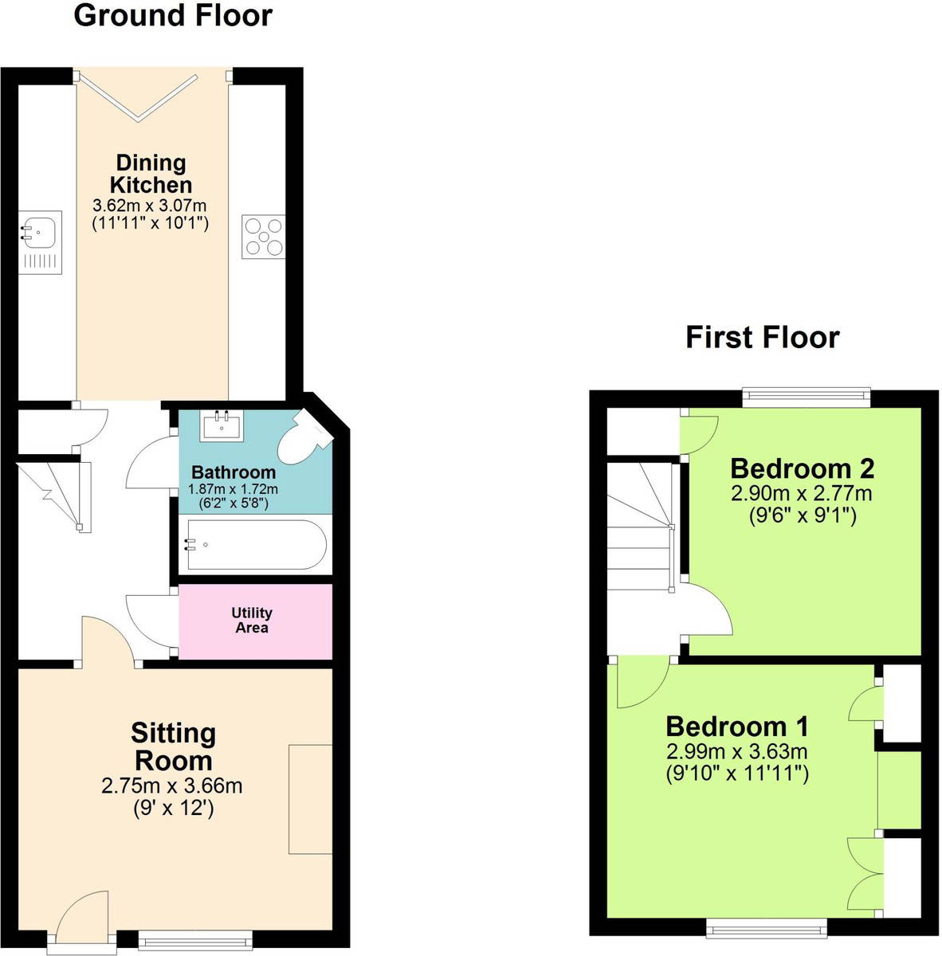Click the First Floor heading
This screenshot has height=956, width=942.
[x=763, y=338]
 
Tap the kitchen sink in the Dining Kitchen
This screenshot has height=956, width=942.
[x=41, y=242]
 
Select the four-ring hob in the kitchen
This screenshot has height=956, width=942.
[x=264, y=237]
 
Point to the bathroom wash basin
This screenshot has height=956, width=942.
[x=222, y=425]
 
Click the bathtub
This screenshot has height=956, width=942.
[x=256, y=545]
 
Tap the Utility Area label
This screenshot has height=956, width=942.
[x=252, y=620]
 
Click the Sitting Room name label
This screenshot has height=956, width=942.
[x=173, y=747]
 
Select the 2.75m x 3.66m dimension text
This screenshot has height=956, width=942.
[x=171, y=786]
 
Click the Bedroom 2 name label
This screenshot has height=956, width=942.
[x=802, y=468]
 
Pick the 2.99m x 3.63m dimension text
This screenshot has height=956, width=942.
[x=737, y=751]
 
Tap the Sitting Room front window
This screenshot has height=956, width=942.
[x=195, y=940]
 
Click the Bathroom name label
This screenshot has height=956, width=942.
[x=234, y=472]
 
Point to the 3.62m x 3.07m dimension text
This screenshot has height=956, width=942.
[x=149, y=206]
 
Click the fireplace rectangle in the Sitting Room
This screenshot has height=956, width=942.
[x=311, y=799]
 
